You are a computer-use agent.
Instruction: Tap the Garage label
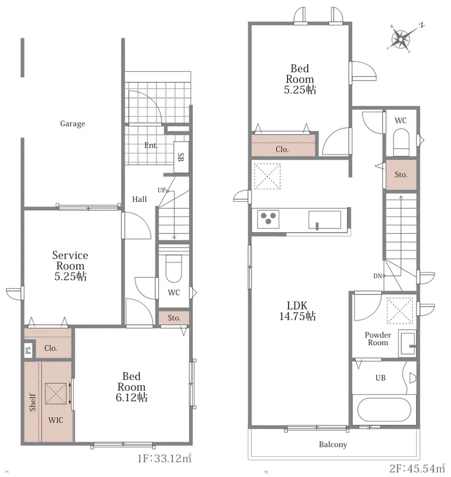tap(72, 124)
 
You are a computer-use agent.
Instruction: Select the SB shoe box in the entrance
tap(182, 157)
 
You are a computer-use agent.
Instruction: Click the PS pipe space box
tap(29, 350)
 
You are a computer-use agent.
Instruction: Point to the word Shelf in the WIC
tap(33, 402)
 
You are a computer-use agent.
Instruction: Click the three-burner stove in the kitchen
tap(268, 219)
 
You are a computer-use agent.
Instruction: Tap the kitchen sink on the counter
tap(325, 220)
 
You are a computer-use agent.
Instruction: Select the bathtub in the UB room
tap(383, 410)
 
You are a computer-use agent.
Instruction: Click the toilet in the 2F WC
tap(401, 143)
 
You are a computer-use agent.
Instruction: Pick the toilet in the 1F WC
tap(174, 268)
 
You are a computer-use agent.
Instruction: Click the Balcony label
tap(333, 445)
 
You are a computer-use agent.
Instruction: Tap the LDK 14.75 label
tap(298, 311)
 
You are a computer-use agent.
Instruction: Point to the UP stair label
tap(161, 190)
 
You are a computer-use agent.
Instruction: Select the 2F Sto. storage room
tap(401, 175)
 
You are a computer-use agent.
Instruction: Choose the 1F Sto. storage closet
tap(174, 318)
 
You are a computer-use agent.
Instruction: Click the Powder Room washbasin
tap(408, 343)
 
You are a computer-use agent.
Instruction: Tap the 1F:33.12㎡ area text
tap(165, 458)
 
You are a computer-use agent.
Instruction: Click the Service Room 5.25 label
tap(70, 266)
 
